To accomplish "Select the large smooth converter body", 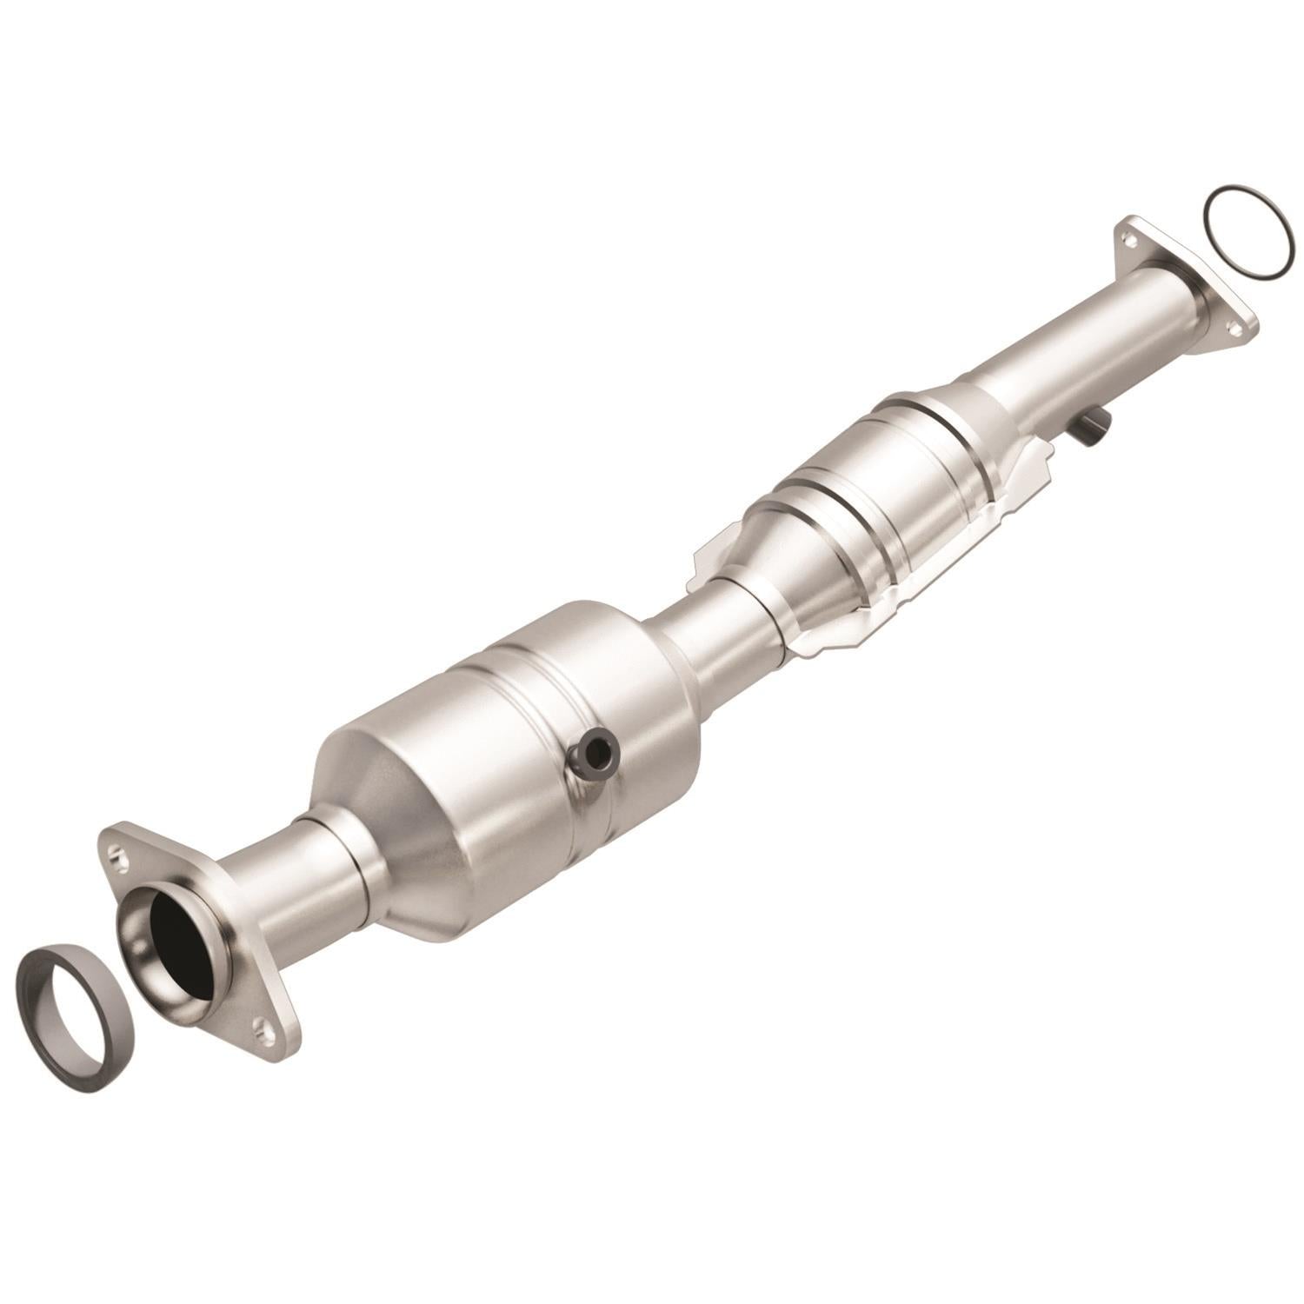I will click(539, 739).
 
